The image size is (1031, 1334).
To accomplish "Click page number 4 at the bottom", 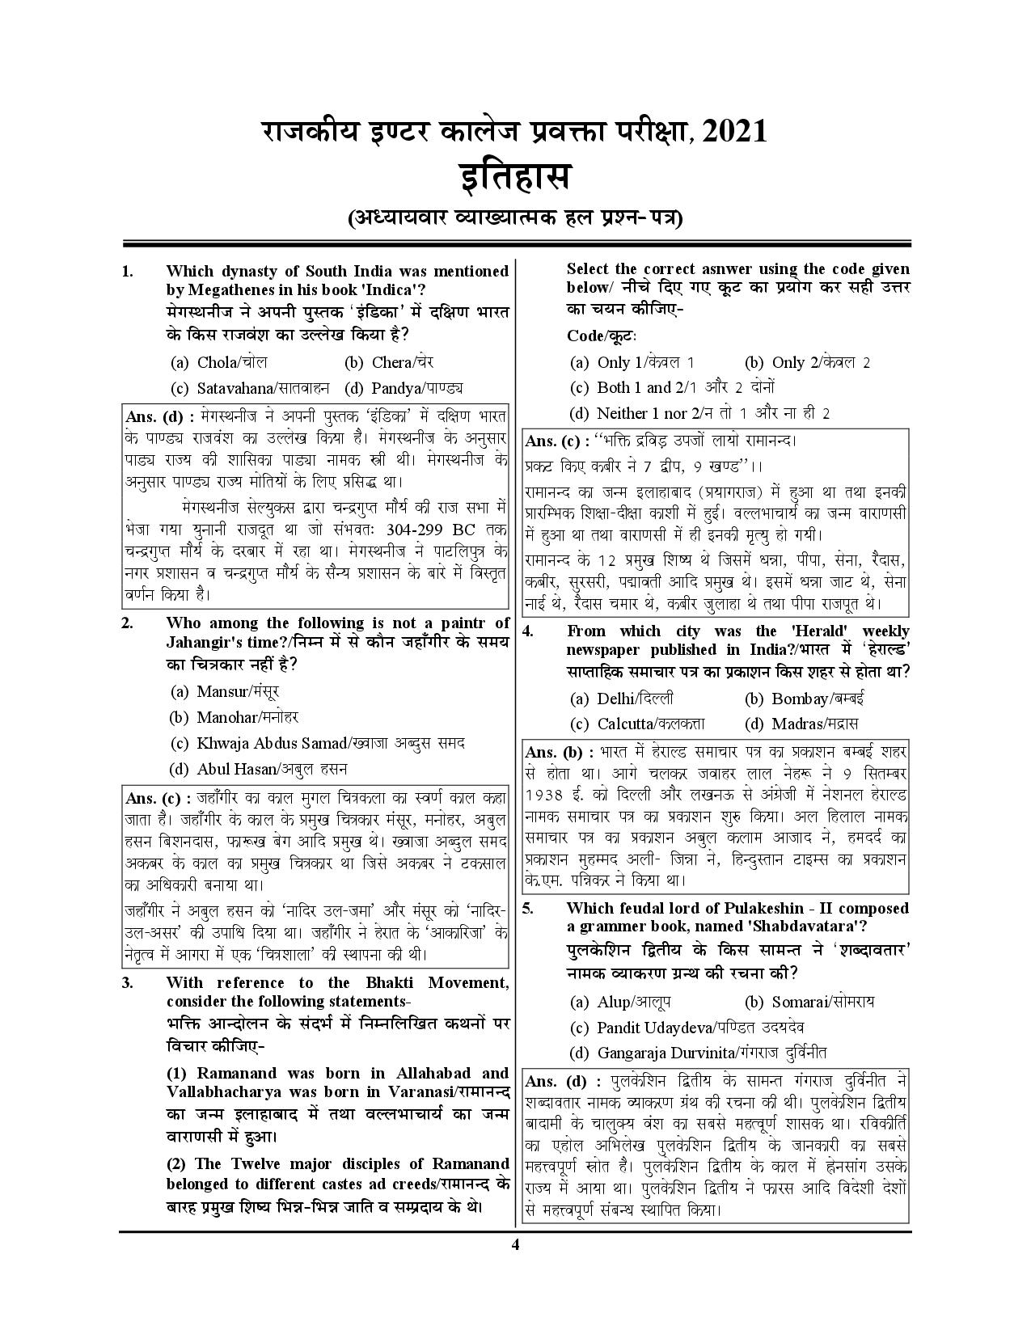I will [514, 1244].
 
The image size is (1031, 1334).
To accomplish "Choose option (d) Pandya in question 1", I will [404, 388].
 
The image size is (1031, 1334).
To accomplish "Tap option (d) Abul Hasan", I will [259, 769].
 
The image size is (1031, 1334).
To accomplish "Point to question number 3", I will [127, 982].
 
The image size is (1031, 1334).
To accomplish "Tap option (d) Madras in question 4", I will [801, 724].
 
